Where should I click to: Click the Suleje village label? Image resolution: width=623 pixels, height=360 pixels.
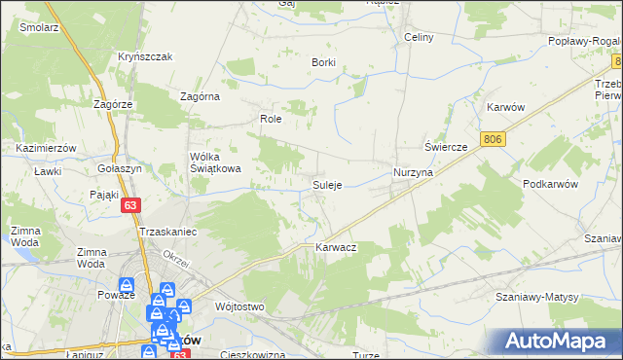(x=326, y=185)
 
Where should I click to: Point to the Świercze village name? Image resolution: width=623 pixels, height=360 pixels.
(x=447, y=146)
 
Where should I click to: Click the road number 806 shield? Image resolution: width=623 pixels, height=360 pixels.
(x=494, y=140)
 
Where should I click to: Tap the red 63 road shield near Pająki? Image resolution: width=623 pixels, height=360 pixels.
(x=131, y=205)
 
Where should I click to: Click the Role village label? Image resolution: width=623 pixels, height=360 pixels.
(x=270, y=119)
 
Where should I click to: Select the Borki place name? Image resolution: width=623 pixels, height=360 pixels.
(x=323, y=62)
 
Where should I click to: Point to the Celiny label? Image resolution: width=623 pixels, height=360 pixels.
(x=418, y=37)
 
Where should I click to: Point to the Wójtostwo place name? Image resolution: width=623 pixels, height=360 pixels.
(x=239, y=306)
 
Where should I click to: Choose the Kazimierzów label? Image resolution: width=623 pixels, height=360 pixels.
(x=47, y=147)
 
